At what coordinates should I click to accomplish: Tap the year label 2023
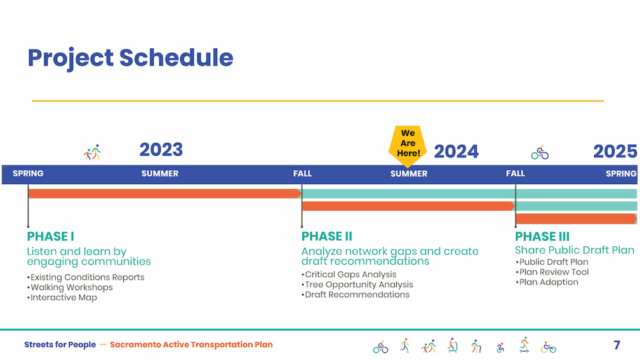pos(161,150)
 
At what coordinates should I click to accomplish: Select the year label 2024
pos(456,151)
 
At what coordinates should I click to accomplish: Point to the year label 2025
pos(615,151)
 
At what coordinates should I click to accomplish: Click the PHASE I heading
pos(51,236)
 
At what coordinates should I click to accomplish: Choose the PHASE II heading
pos(326,236)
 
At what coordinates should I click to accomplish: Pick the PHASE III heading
pos(542,236)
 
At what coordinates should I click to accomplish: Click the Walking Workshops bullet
pos(70,288)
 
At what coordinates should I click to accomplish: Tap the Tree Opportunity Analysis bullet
pos(357,284)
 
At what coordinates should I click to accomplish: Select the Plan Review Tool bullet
pos(552,272)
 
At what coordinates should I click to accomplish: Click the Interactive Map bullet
pos(62,298)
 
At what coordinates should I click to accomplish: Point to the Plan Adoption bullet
pos(547,282)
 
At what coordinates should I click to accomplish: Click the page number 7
pos(617,345)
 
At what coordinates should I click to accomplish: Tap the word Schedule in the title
pos(177,58)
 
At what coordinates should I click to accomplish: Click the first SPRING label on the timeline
pos(28,173)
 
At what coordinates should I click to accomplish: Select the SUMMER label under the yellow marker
pos(409,174)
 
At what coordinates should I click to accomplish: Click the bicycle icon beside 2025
pos(540,152)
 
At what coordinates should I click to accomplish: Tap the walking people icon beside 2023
pos(92,152)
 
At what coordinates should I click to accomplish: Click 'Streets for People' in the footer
pos(60,345)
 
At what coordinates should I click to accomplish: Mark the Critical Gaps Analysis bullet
pos(349,274)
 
